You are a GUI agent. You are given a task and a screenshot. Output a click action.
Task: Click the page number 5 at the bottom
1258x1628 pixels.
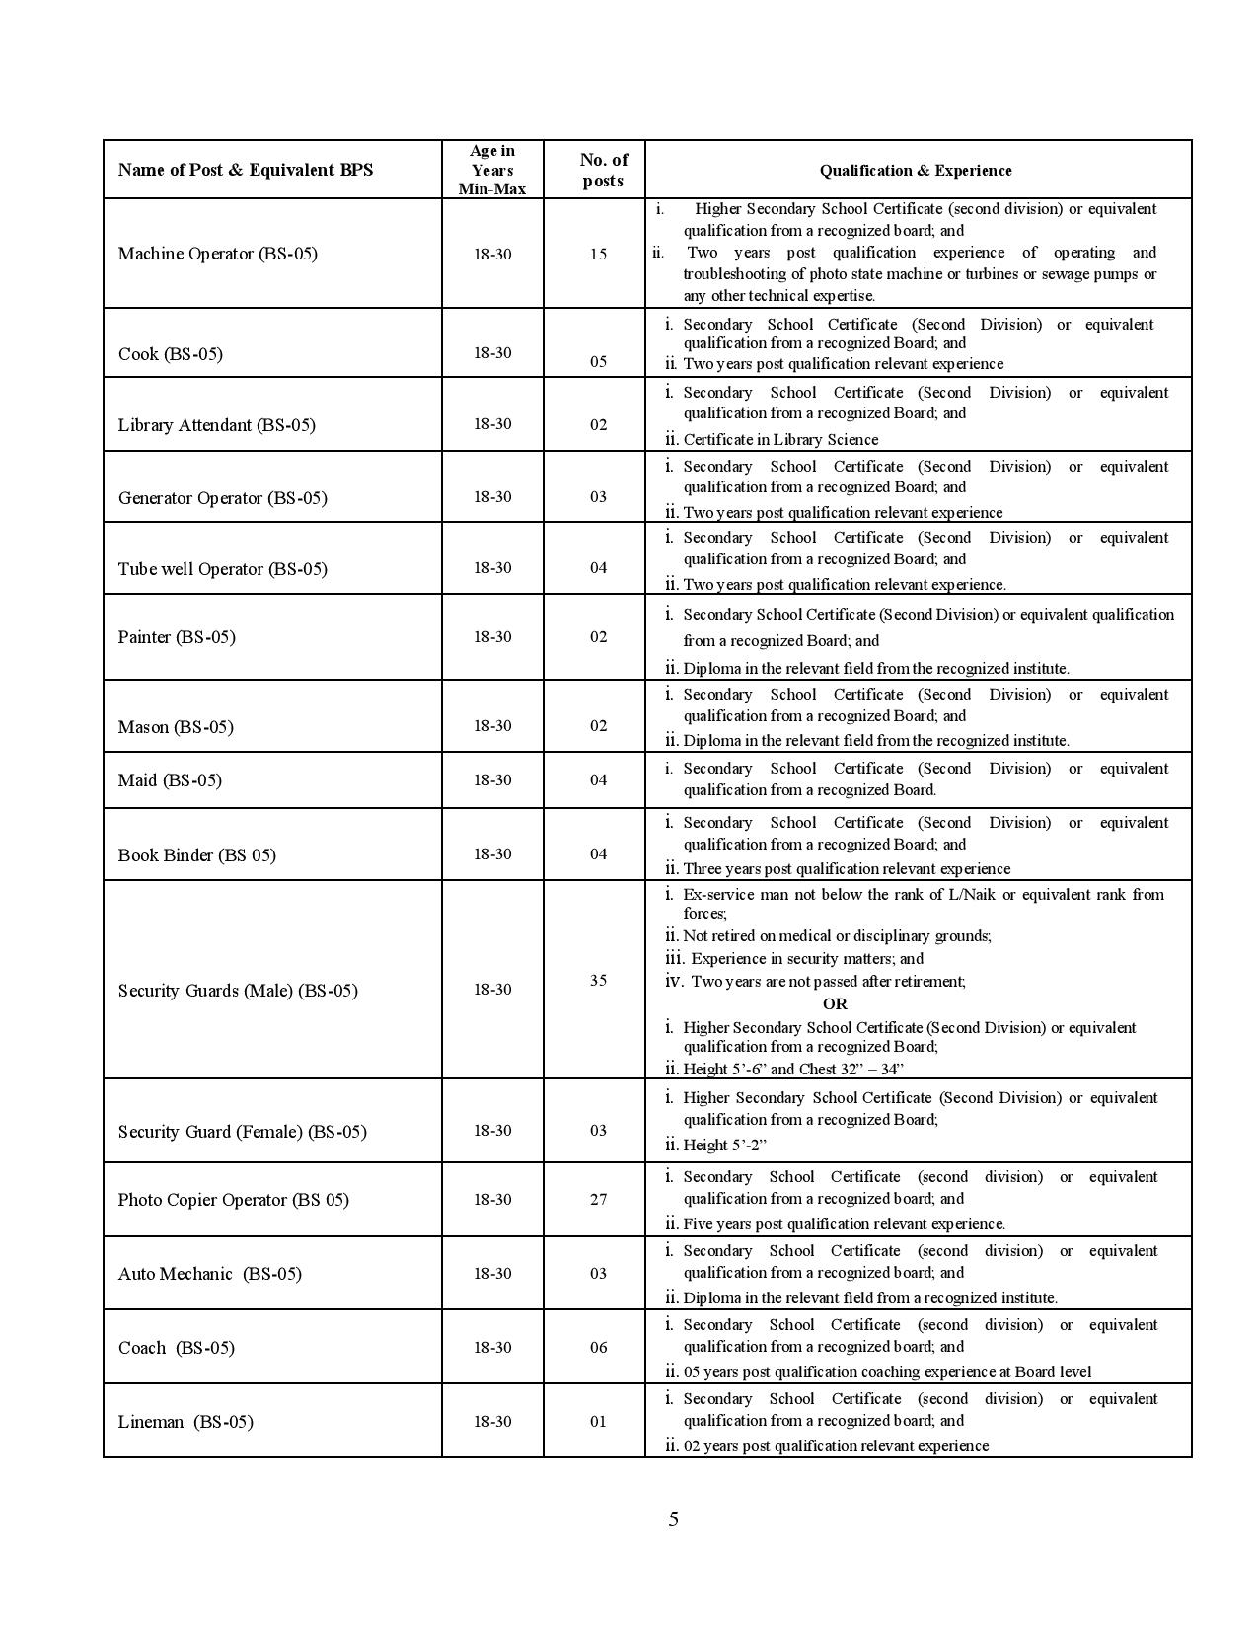click(673, 1518)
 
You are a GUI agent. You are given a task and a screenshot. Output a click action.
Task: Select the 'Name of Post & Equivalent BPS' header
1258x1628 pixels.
click(246, 170)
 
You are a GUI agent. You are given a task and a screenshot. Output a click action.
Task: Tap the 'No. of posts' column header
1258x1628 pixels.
click(603, 170)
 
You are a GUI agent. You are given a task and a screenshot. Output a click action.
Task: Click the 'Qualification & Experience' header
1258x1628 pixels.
click(916, 171)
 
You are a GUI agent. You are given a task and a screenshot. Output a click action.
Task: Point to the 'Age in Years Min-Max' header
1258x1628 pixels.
click(491, 170)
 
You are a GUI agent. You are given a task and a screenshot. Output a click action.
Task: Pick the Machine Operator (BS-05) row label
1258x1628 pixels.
click(218, 254)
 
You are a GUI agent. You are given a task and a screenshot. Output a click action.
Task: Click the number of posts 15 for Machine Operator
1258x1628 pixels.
click(598, 254)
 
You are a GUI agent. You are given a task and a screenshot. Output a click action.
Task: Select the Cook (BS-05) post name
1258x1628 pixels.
click(170, 354)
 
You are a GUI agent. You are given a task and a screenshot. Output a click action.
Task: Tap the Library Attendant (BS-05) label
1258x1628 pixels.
click(217, 425)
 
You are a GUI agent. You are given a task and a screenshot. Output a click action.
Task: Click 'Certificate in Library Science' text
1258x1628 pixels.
click(779, 440)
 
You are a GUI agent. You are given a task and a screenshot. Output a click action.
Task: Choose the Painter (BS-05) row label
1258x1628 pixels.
click(177, 637)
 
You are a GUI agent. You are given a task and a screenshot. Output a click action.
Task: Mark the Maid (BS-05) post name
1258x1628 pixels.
click(170, 780)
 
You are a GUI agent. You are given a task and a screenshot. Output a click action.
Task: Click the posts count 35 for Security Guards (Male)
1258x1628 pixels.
click(598, 981)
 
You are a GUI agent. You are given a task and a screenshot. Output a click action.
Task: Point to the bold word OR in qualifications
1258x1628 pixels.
click(835, 1003)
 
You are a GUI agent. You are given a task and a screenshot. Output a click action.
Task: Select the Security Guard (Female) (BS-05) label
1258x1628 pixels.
click(242, 1132)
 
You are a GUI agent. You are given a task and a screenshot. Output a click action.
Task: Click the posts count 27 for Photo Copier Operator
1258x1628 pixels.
click(598, 1200)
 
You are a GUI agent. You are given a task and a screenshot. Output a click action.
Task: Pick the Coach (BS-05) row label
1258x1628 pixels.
click(177, 1348)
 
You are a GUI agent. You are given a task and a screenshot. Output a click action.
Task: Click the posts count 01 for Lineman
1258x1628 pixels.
click(598, 1422)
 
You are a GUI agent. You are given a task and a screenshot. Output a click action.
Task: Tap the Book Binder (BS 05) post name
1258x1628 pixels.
click(197, 855)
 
